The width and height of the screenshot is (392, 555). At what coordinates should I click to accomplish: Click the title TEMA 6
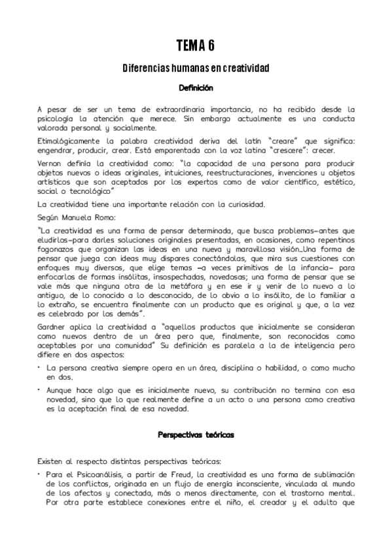(196, 45)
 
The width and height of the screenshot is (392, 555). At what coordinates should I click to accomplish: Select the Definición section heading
(196, 86)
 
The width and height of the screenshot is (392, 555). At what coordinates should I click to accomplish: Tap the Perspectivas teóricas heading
(196, 434)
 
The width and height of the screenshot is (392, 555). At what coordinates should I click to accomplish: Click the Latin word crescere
(281, 150)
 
